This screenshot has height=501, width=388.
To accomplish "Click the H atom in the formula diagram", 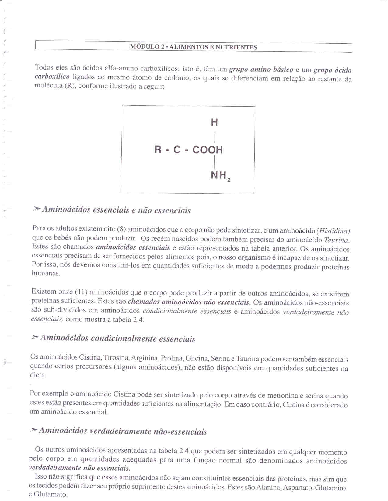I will tap(215, 122).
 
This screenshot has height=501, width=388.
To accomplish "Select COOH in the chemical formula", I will tap(208, 150).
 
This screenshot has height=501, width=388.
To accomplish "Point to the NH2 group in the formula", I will tap(220, 176).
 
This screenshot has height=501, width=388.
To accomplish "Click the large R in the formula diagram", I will tap(158, 149).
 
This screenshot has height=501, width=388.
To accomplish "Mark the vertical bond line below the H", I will tap(215, 136).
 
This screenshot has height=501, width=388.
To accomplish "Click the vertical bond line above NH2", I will tap(215, 162).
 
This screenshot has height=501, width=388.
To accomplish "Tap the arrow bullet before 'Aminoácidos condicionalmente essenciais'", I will tap(35, 337).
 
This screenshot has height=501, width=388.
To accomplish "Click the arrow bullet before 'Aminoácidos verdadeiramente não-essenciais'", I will tap(34, 430).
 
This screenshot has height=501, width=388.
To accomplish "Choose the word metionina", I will tap(282, 396).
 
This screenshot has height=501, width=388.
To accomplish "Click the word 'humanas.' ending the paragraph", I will tap(46, 273).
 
